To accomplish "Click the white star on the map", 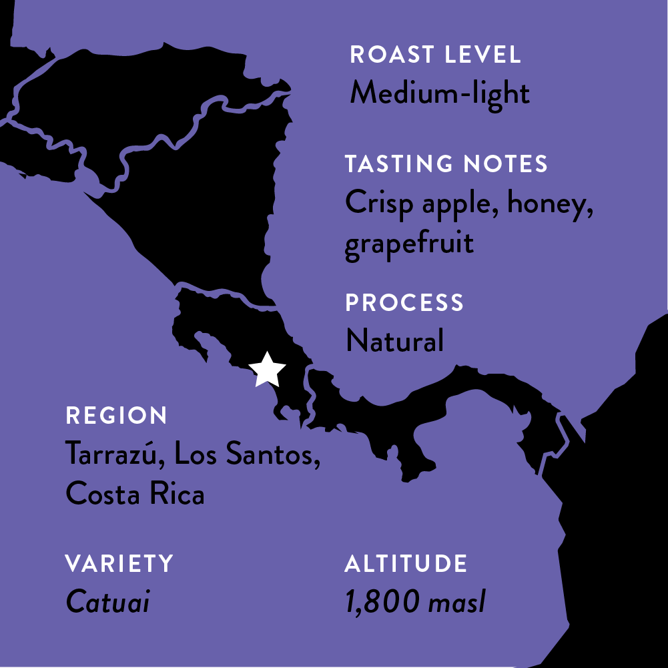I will coord(267,370).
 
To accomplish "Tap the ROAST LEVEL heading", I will coord(435,55).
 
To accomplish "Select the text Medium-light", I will coord(440,93).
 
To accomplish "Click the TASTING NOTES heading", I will coord(446,164).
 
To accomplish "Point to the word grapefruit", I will coord(409,243).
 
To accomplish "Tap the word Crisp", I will coord(380,204).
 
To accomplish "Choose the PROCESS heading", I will coord(404,303).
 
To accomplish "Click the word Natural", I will coord(394,341).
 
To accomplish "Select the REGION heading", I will coord(116,416).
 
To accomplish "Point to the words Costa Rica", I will coord(135,494).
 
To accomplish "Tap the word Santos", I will coord(274,455).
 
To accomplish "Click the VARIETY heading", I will coord(119,564).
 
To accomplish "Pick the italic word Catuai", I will coord(107,602).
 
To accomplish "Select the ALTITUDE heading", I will coord(406,564).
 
